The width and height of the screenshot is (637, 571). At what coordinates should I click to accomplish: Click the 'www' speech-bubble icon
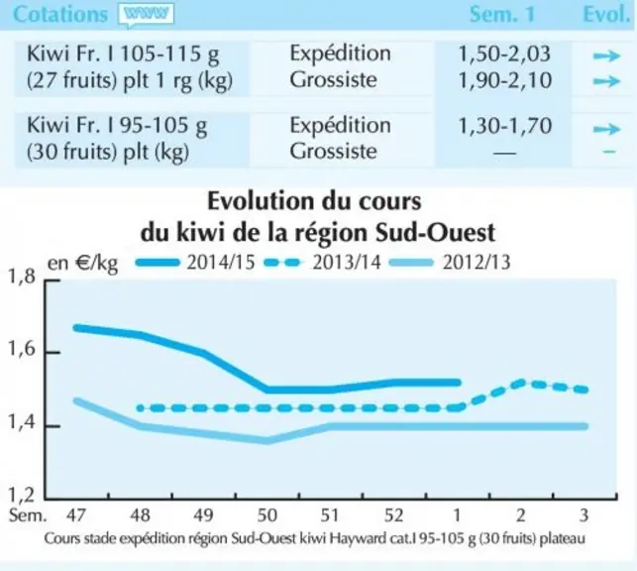coord(147,15)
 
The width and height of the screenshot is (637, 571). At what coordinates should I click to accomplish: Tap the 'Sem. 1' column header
coord(502,15)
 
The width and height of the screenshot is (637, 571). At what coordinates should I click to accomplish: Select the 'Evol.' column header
coord(606,15)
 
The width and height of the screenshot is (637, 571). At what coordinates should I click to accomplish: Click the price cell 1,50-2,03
coord(504,55)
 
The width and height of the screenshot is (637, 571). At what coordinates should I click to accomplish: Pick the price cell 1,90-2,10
coord(505,80)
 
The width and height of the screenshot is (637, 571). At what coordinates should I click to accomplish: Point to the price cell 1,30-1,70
coord(505,126)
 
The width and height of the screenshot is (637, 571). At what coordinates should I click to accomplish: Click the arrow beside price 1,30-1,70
coord(606,129)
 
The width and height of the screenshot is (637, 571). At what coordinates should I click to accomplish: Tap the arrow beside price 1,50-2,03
coord(606,56)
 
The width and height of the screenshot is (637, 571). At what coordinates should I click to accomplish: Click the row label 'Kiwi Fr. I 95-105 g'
coord(117,125)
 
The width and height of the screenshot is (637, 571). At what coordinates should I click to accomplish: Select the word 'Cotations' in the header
coord(60,15)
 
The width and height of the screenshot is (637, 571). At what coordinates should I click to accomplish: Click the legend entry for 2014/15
coord(195,263)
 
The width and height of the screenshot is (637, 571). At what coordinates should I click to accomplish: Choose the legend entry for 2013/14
coord(322,263)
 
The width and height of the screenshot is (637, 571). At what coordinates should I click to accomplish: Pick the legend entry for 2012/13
coord(450,263)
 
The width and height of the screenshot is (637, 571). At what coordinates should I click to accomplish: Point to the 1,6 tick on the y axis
coord(53,352)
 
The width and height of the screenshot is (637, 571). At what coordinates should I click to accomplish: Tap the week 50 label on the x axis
coord(266,515)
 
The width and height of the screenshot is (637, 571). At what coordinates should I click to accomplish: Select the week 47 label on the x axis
coord(76,515)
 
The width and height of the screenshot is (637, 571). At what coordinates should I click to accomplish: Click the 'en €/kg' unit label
coord(83,264)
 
